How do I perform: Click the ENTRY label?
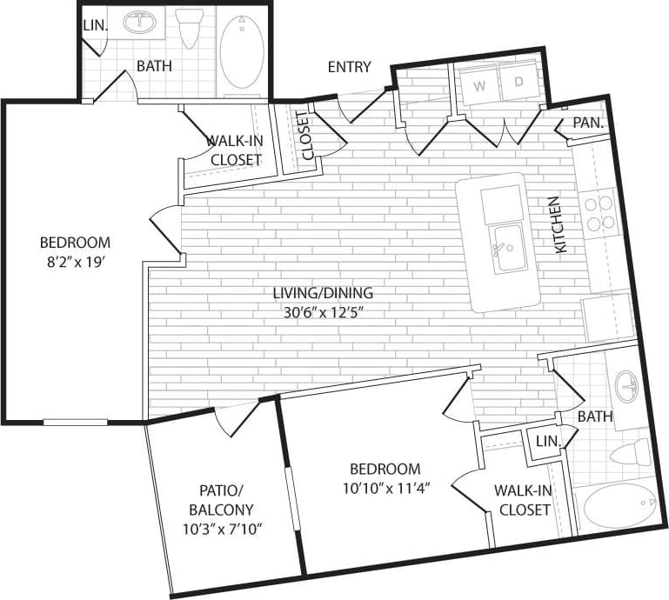[349, 67]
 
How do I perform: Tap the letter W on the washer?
[479, 85]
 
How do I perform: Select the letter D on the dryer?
[518, 83]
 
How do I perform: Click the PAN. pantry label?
[588, 123]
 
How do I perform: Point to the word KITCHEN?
[559, 224]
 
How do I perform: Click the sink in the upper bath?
[139, 23]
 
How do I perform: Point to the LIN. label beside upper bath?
[94, 27]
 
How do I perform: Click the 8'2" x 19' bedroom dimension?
[75, 259]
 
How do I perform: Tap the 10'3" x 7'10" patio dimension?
[224, 529]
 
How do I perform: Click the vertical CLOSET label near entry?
[306, 137]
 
